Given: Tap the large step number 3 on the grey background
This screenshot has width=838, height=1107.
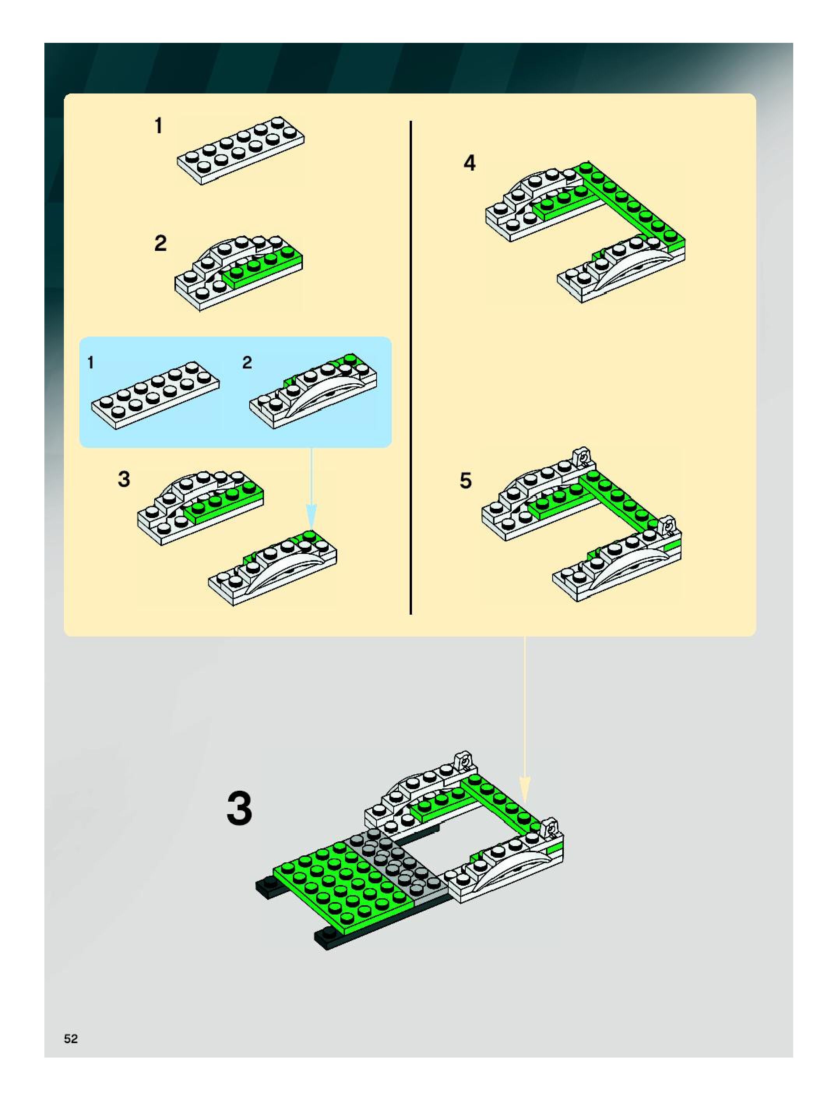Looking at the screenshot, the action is (x=239, y=809).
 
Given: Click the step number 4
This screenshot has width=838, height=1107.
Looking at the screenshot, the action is (x=469, y=163).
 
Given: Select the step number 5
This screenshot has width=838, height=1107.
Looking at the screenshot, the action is (x=465, y=480).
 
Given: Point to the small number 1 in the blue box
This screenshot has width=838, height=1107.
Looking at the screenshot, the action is (x=91, y=362).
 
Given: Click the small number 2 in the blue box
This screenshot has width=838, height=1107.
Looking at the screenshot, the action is (x=247, y=362).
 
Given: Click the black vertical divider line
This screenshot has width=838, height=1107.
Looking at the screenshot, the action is (x=411, y=367).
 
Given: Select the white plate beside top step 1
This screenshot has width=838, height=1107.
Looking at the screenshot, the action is (x=241, y=151).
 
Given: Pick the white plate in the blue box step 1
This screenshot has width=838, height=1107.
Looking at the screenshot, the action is (x=155, y=395).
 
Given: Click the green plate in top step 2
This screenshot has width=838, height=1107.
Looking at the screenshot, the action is (x=263, y=267).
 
